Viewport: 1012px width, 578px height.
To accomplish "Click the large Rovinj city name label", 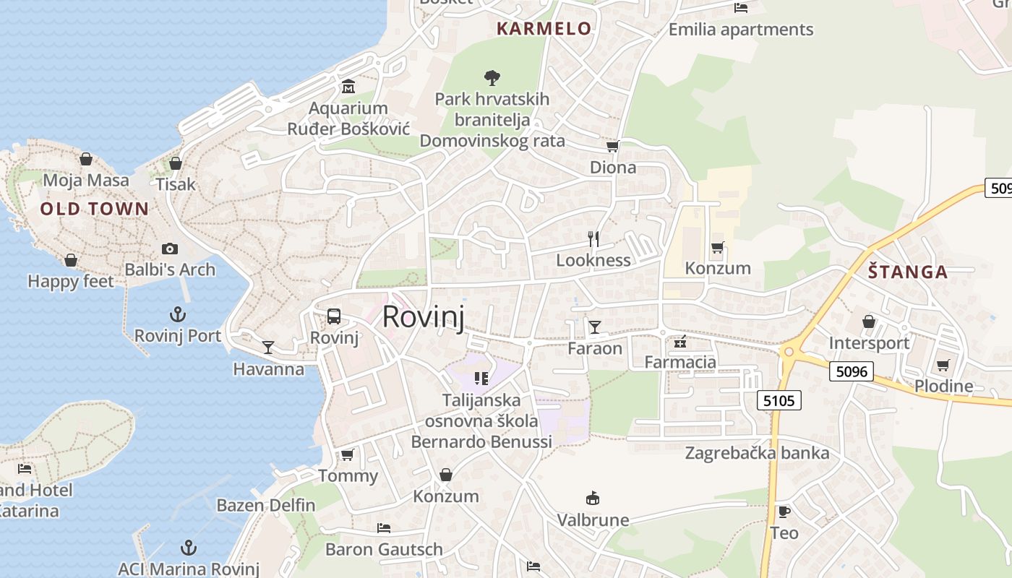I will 423,317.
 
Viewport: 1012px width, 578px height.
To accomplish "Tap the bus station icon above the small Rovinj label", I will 334,316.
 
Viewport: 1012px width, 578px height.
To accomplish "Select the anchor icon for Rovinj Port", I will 177,314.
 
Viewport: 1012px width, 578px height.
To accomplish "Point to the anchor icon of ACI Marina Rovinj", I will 188,547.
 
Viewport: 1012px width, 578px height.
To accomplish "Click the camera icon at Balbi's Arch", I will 170,249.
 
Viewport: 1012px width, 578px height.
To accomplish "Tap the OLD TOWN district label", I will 95,210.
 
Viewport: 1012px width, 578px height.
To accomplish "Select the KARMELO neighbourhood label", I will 544,29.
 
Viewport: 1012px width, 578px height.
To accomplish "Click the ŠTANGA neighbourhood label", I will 907,272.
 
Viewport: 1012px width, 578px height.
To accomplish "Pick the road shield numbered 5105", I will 779,400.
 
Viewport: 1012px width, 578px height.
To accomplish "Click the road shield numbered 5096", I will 851,371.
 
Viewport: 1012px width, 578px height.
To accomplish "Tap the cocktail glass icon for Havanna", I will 268,348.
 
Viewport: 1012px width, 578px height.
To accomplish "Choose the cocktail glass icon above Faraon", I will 594,327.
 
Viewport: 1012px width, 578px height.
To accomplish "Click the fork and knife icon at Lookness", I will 593,239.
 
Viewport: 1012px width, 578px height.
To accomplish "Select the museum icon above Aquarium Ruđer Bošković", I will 348,87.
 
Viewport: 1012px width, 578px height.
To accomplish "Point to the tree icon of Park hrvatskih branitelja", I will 492,77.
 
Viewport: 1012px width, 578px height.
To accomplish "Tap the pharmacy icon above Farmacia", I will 679,341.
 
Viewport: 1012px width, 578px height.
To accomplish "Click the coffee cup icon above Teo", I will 784,512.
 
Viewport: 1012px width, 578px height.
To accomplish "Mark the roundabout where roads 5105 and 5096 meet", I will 789,352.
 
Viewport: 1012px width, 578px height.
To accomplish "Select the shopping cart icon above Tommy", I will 348,454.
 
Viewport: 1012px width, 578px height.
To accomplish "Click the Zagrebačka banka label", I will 757,453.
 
